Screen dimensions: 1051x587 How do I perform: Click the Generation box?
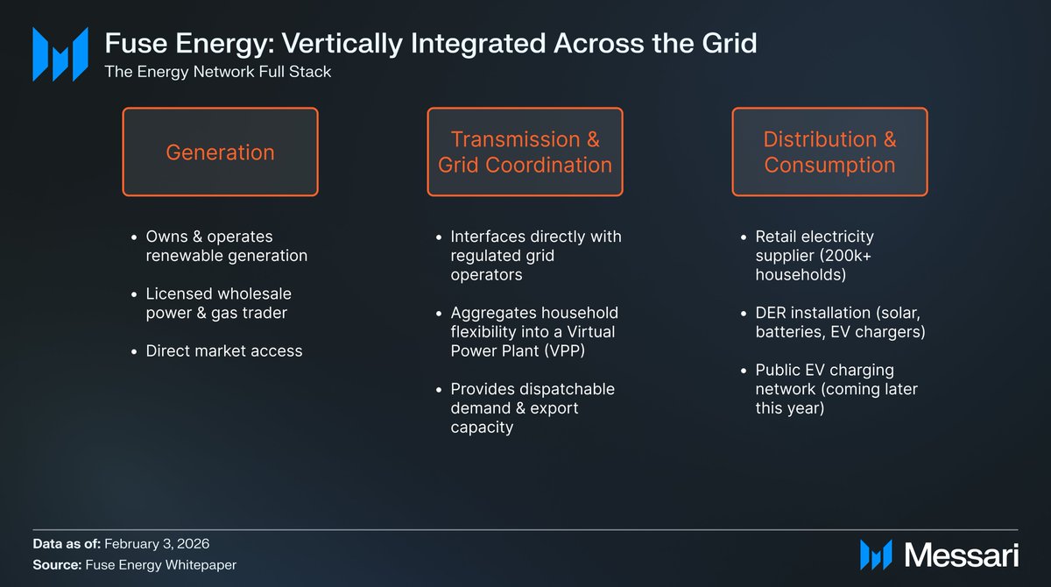[220, 152]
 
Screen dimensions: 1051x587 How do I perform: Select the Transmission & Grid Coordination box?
[525, 152]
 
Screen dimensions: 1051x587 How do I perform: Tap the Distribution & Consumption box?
[829, 152]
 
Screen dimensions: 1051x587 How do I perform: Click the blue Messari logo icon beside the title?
[60, 54]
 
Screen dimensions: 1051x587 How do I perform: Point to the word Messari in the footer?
[962, 555]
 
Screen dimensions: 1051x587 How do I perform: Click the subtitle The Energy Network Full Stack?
[218, 72]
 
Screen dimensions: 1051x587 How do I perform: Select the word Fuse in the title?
[136, 43]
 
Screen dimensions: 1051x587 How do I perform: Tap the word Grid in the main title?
[730, 43]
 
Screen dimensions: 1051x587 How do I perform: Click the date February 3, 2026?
[157, 544]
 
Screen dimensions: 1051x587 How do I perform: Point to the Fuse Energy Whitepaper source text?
[161, 564]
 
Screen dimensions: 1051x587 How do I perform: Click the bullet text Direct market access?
[224, 351]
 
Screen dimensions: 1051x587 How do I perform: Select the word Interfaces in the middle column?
[485, 237]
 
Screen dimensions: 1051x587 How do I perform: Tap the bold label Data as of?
[67, 544]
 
